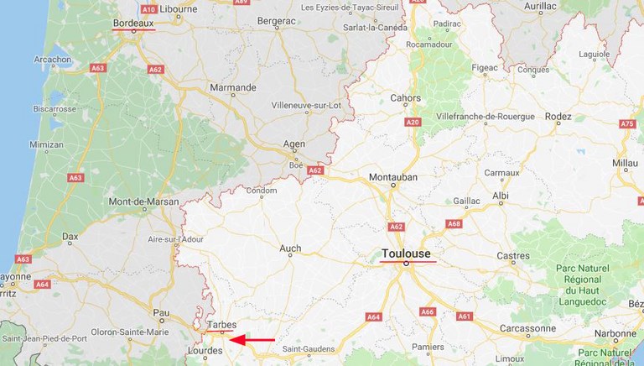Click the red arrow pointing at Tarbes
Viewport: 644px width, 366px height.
pyautogui.click(x=252, y=340)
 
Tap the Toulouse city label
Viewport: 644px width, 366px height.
pyautogui.click(x=405, y=253)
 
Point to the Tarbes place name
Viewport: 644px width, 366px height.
pyautogui.click(x=221, y=325)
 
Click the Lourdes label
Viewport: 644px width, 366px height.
pyautogui.click(x=205, y=351)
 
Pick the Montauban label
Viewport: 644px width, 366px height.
pyautogui.click(x=392, y=176)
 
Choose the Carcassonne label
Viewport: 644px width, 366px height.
pyautogui.click(x=527, y=327)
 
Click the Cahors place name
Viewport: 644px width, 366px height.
pyautogui.click(x=406, y=97)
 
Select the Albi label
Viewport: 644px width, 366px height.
pyautogui.click(x=501, y=195)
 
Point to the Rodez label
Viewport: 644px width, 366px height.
pyautogui.click(x=558, y=116)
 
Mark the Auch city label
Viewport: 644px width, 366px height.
pyautogui.click(x=290, y=248)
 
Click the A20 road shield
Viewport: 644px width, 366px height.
pyautogui.click(x=412, y=123)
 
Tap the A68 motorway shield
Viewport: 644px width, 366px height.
pyautogui.click(x=454, y=224)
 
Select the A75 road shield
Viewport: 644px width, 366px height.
pyautogui.click(x=627, y=124)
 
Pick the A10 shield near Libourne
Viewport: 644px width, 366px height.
pyautogui.click(x=148, y=8)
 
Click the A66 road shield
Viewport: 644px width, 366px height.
pyautogui.click(x=427, y=311)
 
